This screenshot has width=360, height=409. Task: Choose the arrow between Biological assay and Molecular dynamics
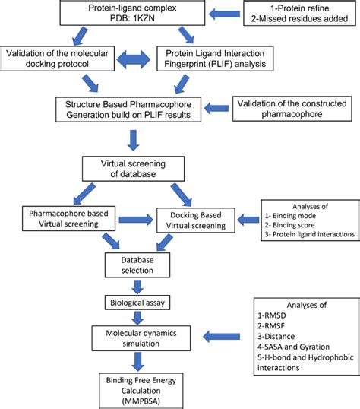[x=138, y=320]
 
